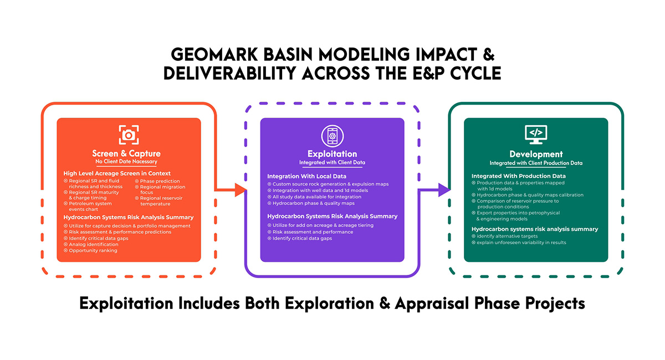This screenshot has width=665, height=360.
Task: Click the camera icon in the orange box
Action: (129, 135)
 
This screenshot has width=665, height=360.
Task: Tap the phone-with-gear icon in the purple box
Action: (332, 136)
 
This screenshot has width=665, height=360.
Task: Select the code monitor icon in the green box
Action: (536, 135)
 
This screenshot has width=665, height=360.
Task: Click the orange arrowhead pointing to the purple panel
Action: (241, 189)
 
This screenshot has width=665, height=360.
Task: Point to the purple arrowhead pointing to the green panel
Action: (444, 189)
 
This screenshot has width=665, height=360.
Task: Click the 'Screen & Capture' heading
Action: (126, 153)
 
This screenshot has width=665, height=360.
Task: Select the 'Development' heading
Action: (536, 154)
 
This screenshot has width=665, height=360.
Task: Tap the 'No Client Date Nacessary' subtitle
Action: (126, 162)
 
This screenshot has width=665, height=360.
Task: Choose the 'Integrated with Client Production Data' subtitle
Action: (536, 163)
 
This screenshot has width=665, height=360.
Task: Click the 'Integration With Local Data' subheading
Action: (306, 176)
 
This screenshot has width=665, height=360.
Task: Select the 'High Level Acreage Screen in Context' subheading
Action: (117, 173)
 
